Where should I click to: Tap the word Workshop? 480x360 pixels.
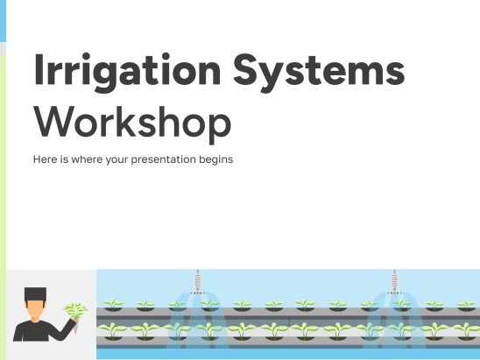tap(131, 124)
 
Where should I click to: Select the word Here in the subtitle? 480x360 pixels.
tap(44, 160)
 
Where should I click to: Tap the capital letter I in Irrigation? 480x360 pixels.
tap(37, 68)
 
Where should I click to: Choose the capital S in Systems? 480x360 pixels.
tap(264, 68)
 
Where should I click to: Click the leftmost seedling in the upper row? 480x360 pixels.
tap(113, 305)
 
